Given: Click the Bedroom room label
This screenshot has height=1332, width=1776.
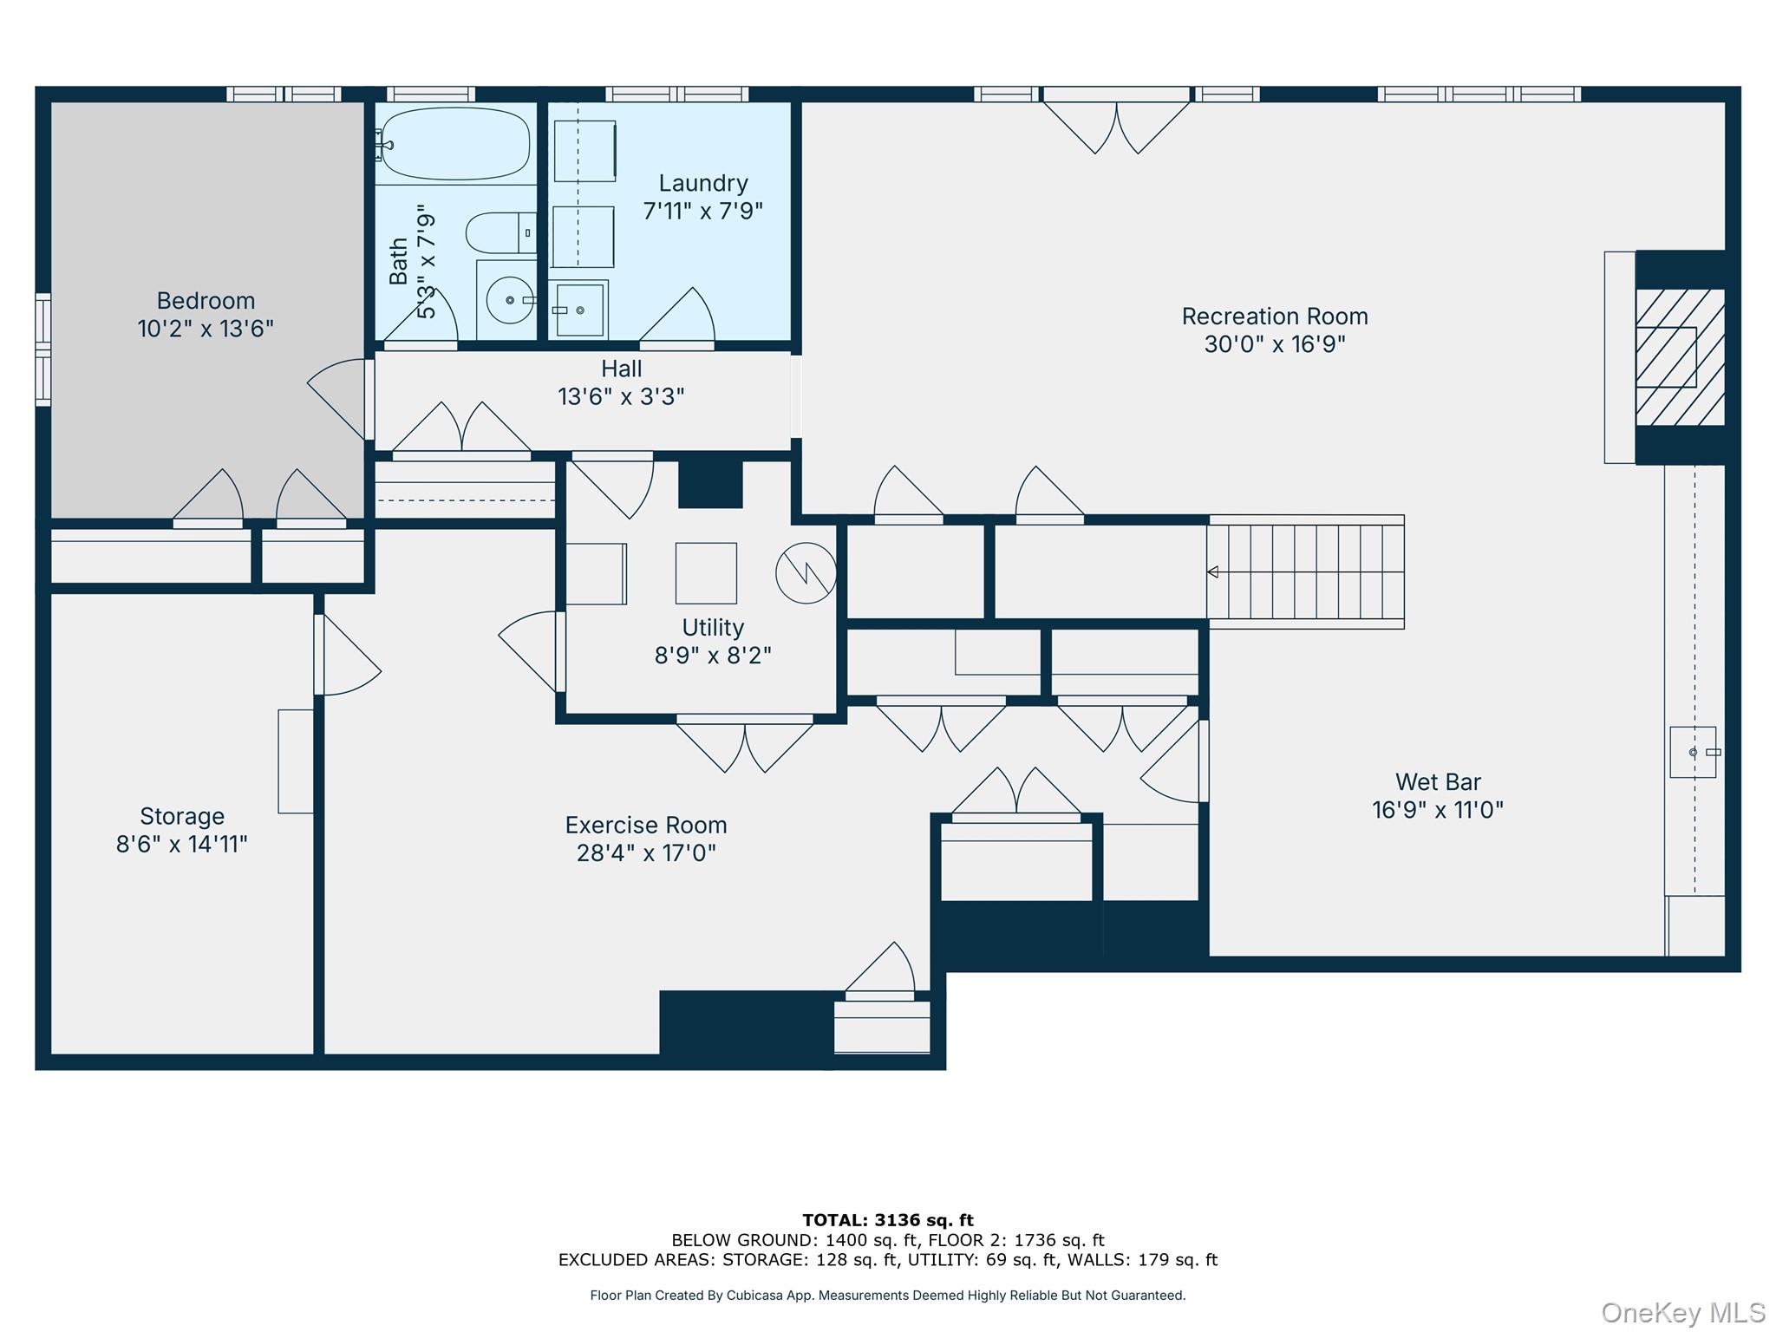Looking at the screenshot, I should [x=206, y=301].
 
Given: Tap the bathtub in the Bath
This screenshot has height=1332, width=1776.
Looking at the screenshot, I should [x=455, y=144].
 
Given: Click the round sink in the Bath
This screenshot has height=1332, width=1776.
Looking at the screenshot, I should [x=510, y=300].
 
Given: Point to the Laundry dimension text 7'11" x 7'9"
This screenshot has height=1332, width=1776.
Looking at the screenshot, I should [x=702, y=211].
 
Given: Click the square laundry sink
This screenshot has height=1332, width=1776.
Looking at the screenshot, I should [x=579, y=310].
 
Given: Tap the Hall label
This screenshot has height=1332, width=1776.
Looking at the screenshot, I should [x=621, y=369].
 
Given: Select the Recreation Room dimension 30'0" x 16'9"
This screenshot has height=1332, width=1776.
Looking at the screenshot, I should [x=1274, y=344].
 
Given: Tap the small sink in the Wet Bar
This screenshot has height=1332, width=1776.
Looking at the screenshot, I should [x=1693, y=752].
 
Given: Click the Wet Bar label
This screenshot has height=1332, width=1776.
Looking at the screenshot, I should [x=1437, y=782].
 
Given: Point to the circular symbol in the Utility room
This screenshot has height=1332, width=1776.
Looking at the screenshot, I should [x=806, y=572].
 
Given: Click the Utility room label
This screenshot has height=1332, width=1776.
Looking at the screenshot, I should [x=712, y=627].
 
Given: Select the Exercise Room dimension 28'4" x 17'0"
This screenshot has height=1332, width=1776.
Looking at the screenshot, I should [x=646, y=853].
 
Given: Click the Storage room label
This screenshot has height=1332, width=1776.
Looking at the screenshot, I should [x=182, y=816].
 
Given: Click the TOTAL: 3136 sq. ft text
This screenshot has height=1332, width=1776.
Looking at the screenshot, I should [x=887, y=1220].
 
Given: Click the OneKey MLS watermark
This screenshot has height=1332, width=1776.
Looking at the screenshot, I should [x=1682, y=1313].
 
